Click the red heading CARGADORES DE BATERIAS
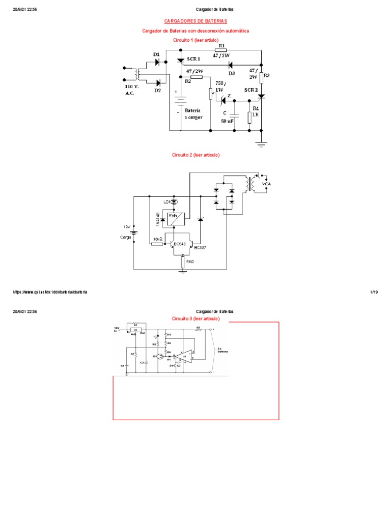[x=195, y=21]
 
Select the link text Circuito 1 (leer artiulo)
[x=195, y=40]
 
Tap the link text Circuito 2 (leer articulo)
[x=195, y=155]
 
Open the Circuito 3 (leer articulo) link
[x=195, y=319]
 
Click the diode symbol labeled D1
[x=157, y=62]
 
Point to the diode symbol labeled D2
[x=158, y=82]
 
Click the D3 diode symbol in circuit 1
[x=230, y=65]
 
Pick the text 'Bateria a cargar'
[x=193, y=113]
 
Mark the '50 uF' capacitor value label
[x=228, y=121]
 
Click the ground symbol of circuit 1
[x=261, y=144]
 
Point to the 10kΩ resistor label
[x=157, y=238]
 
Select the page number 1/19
[x=373, y=292]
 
